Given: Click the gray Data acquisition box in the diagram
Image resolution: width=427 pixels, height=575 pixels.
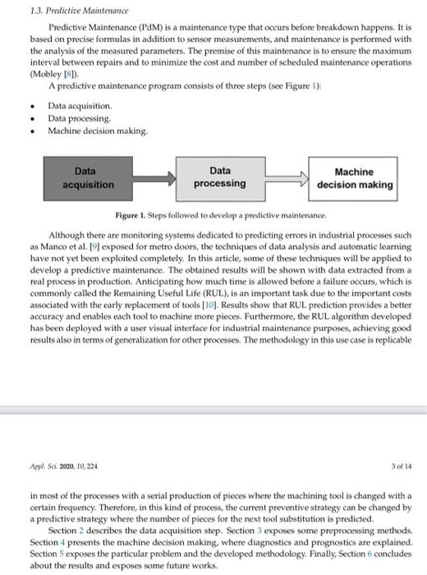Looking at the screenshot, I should pos(85,178).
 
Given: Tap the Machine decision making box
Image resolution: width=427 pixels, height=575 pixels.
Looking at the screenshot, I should pos(354,178).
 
